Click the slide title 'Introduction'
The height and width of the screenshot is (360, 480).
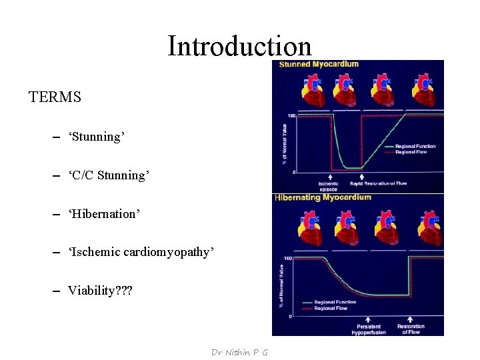click(x=239, y=46)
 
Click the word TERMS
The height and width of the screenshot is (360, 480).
click(x=55, y=97)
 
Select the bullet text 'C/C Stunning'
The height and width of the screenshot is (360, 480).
click(x=109, y=175)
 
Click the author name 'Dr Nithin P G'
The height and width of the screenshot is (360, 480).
click(x=239, y=352)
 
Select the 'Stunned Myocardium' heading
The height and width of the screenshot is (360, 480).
click(x=319, y=65)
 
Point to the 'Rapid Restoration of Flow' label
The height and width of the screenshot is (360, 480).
click(x=378, y=183)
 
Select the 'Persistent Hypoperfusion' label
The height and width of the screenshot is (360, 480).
click(x=369, y=329)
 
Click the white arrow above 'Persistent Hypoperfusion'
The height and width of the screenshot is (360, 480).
click(x=369, y=319)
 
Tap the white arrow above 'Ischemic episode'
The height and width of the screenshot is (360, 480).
click(x=329, y=176)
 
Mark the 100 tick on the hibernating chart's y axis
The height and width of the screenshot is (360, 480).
click(x=289, y=258)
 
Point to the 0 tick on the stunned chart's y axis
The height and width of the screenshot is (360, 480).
click(x=293, y=173)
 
